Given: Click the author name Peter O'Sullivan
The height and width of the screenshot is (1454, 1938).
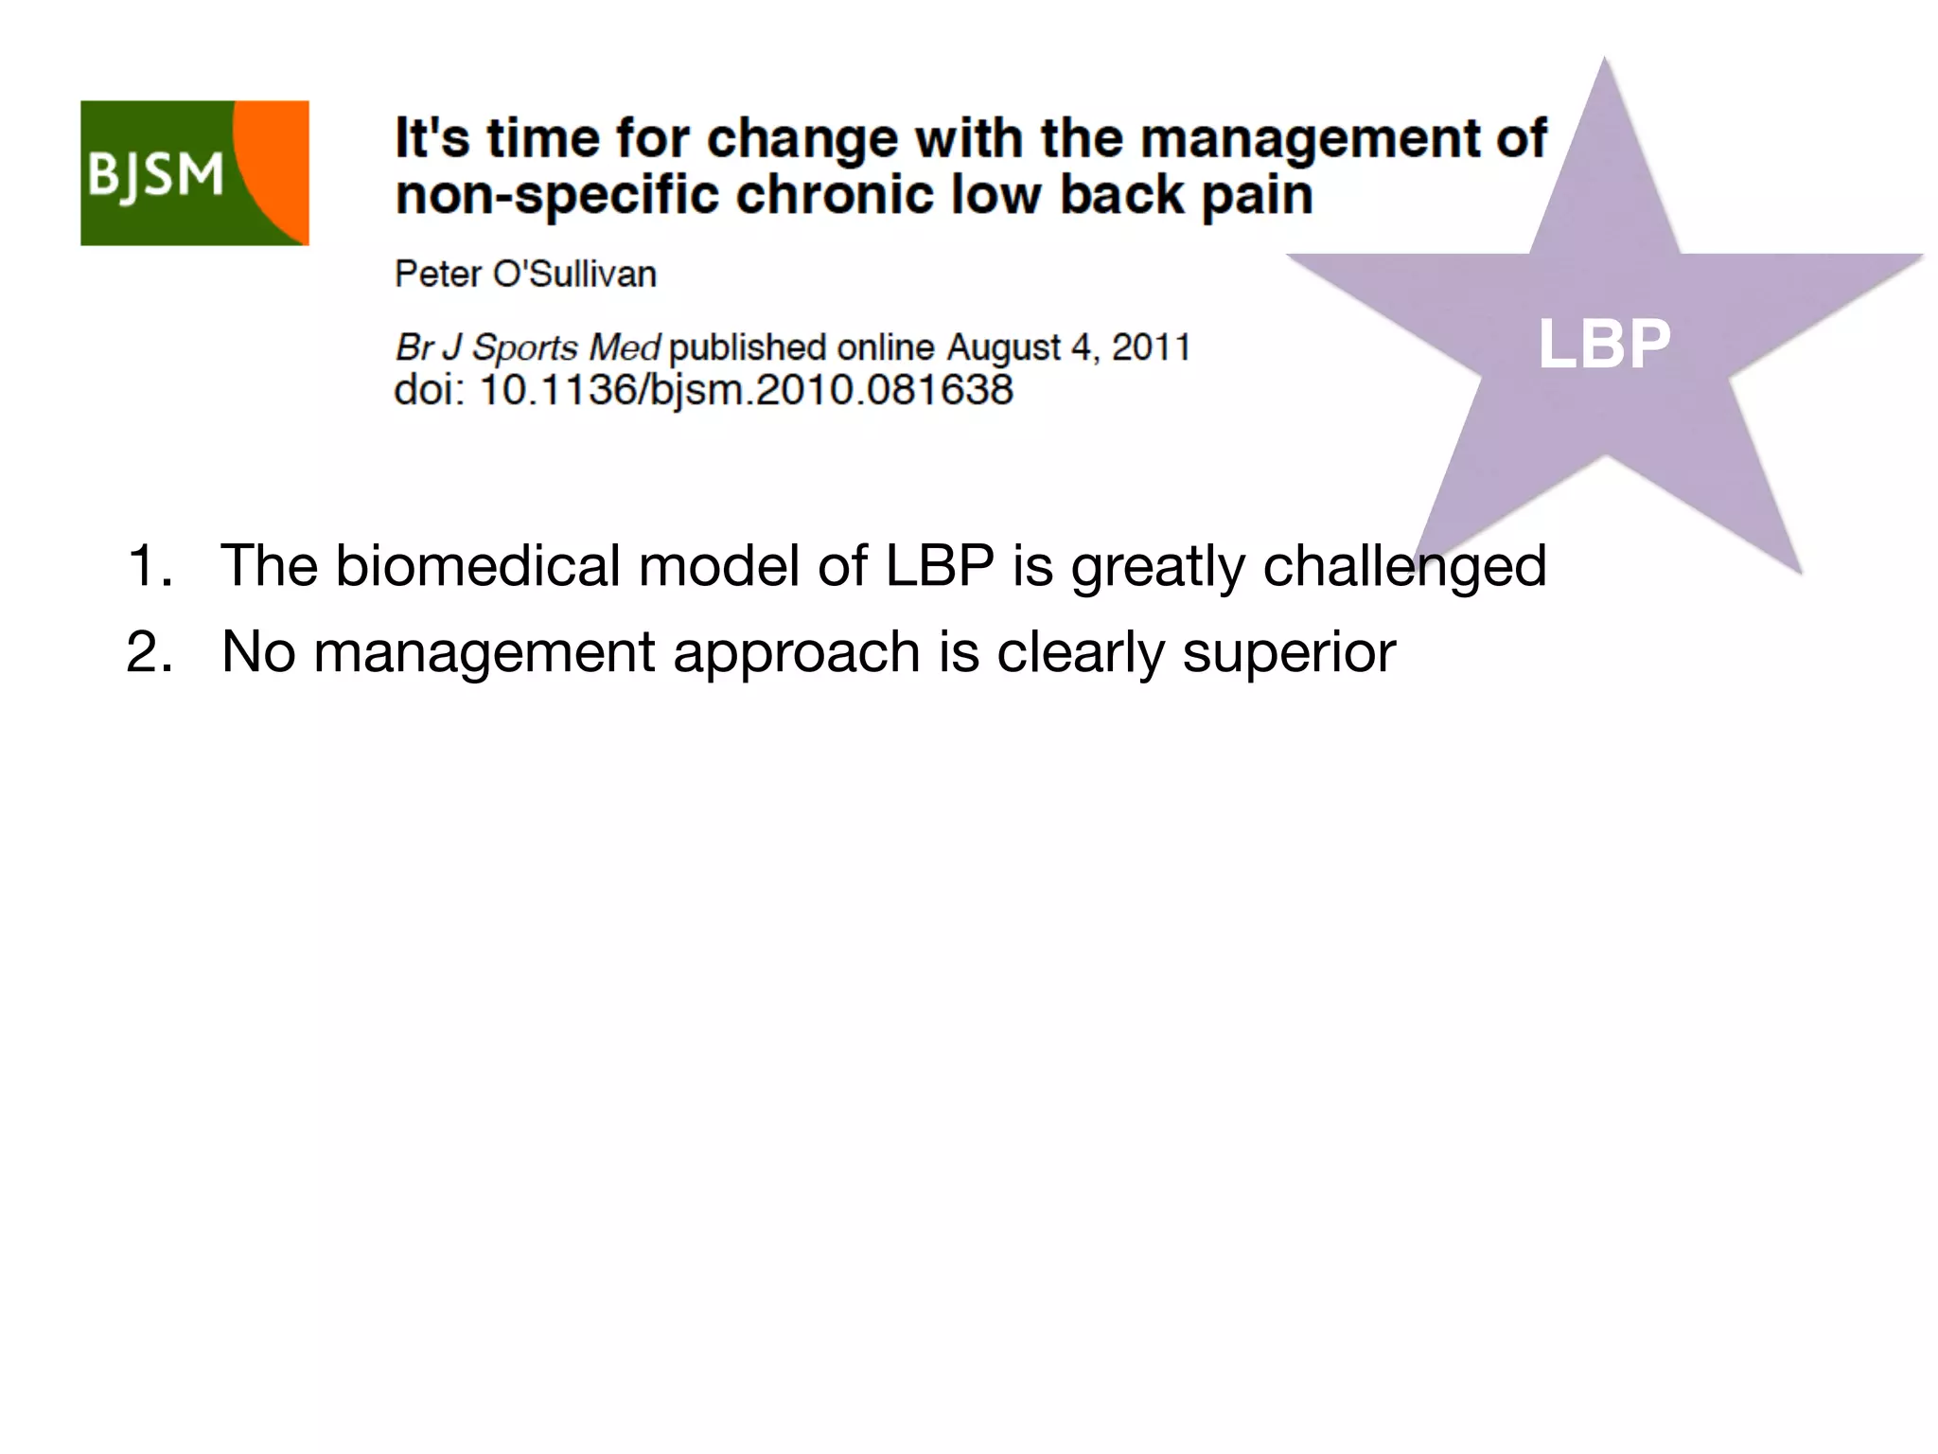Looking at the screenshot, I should click(525, 275).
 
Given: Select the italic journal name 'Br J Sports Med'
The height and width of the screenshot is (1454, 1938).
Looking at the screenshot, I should click(527, 347).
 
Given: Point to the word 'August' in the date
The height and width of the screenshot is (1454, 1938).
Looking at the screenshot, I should click(1003, 347).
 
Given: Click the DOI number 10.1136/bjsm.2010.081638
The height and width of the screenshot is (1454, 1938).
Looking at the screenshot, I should click(746, 390).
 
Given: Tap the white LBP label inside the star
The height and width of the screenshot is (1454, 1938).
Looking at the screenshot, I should click(1604, 344).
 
